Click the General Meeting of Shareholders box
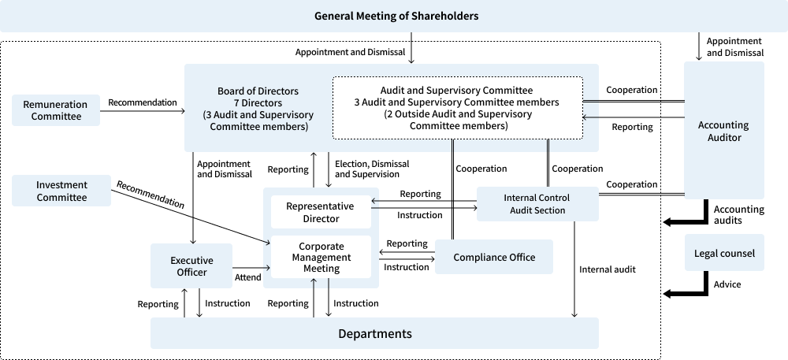coord(396,16)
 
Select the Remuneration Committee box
coord(56,110)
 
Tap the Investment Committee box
coord(61,191)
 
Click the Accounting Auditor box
coord(723,131)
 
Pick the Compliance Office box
coord(494,257)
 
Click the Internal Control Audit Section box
coord(536,204)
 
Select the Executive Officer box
coord(191,265)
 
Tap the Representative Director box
coord(319,212)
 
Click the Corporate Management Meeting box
coord(321,257)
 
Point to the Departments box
coord(374,333)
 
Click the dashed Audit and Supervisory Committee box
coord(457,108)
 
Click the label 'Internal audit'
coord(607,269)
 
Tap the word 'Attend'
coord(247,277)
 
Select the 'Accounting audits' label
coord(738,215)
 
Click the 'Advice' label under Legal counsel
coord(727,284)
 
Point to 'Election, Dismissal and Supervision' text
coord(372,169)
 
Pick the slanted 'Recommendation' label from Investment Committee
coord(151,195)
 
